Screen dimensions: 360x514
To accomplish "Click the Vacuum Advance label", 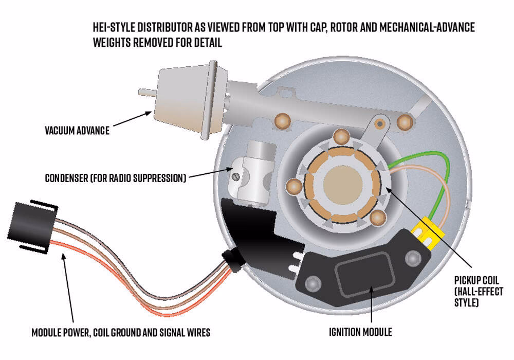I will pos(77,131).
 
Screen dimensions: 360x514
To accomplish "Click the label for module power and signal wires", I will pos(121,333).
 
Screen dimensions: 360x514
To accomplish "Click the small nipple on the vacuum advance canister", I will pos(145,92).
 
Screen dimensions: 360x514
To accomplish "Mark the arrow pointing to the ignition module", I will pos(371,303).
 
